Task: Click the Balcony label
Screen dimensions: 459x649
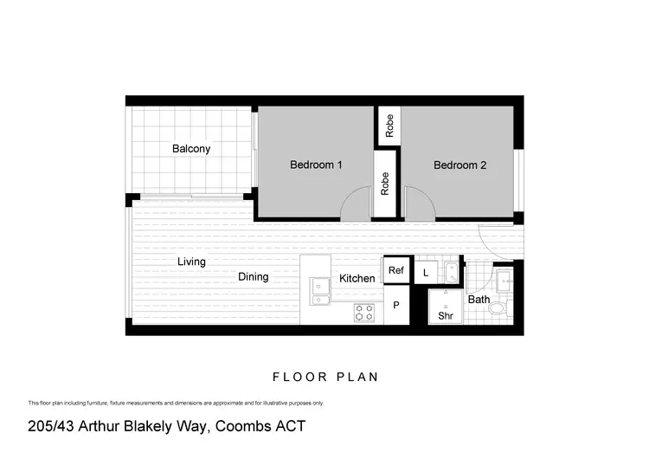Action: click(x=191, y=149)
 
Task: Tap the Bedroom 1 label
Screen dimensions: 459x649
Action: click(x=316, y=165)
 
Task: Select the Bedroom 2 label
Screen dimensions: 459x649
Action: click(x=459, y=165)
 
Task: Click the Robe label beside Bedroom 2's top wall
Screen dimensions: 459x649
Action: click(x=390, y=126)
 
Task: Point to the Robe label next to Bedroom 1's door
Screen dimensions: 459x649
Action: click(x=386, y=184)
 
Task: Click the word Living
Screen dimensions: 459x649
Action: click(x=191, y=262)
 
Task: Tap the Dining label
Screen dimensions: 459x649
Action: click(x=254, y=277)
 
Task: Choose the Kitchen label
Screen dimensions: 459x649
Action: click(x=357, y=279)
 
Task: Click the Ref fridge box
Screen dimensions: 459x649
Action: click(x=396, y=271)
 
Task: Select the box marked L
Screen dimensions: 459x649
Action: click(x=426, y=273)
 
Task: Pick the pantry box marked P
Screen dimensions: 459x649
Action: click(x=396, y=306)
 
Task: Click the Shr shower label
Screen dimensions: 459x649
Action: click(x=446, y=316)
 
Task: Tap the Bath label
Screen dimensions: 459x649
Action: click(x=479, y=300)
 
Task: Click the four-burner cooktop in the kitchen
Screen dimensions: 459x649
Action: click(x=364, y=313)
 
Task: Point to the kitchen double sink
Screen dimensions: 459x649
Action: click(x=321, y=290)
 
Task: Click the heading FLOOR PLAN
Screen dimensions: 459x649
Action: click(x=324, y=378)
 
